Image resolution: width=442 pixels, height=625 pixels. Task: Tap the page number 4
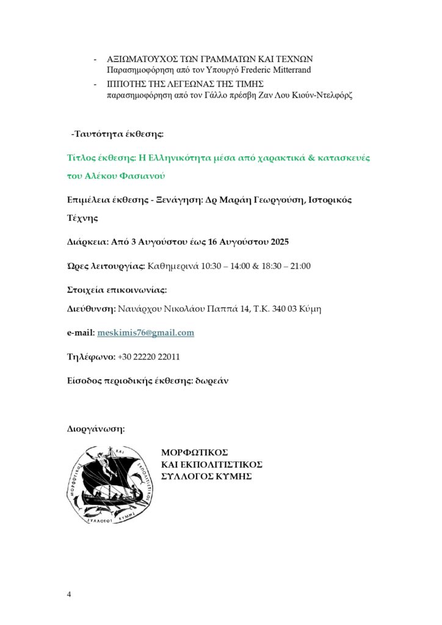(69, 594)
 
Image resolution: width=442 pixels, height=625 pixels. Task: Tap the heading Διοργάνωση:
(96, 429)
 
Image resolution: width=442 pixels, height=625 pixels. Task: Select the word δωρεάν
(211, 381)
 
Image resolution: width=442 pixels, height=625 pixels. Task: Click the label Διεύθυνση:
(92, 309)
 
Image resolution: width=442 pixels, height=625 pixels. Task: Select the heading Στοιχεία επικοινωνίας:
(117, 289)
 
